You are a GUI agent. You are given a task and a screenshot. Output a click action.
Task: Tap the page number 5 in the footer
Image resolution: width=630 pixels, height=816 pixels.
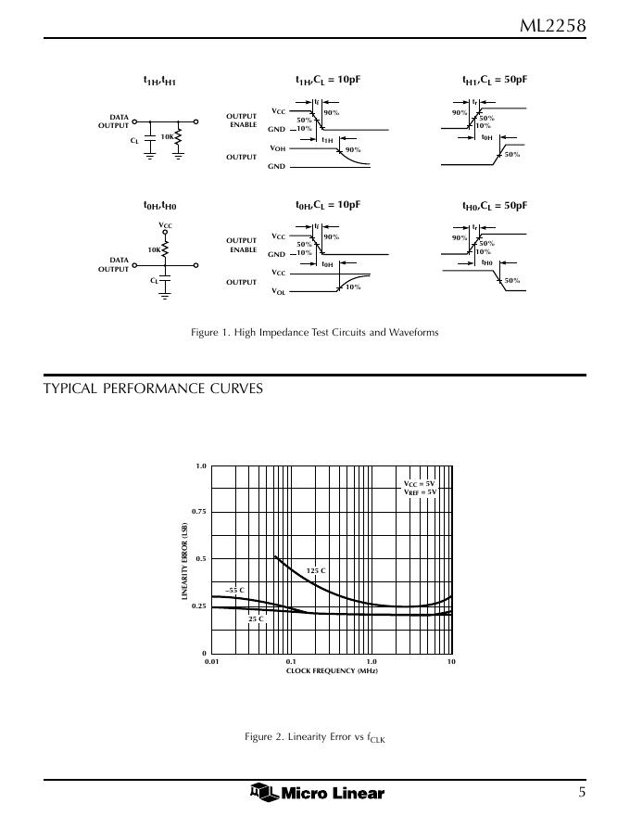pyautogui.click(x=582, y=792)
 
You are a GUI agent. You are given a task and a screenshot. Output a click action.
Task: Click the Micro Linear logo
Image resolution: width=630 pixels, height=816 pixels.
pyautogui.click(x=317, y=792)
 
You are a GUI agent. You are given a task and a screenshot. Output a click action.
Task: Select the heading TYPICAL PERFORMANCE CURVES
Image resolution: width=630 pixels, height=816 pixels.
pyautogui.click(x=153, y=389)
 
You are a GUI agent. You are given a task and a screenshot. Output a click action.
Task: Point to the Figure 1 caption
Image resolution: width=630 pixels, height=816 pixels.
pyautogui.click(x=314, y=332)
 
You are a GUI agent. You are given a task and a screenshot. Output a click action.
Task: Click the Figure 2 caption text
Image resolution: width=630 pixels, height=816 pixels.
pyautogui.click(x=314, y=737)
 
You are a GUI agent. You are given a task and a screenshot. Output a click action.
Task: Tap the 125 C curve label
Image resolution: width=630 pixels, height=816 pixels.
pyautogui.click(x=316, y=570)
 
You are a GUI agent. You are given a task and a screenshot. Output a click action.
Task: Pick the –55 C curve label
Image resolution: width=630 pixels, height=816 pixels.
pyautogui.click(x=235, y=589)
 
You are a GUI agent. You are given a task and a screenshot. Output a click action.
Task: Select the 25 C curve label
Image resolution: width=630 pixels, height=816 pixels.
pyautogui.click(x=256, y=618)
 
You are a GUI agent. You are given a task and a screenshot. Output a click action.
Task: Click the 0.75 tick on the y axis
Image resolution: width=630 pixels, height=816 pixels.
pyautogui.click(x=198, y=512)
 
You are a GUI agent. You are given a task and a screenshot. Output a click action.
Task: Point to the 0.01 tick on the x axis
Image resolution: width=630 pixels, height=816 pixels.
pyautogui.click(x=212, y=661)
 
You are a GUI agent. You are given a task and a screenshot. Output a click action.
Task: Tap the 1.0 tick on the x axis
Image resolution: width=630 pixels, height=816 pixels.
pyautogui.click(x=372, y=661)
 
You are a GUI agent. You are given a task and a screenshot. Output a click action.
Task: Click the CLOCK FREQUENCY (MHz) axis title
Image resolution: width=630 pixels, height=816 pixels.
pyautogui.click(x=332, y=670)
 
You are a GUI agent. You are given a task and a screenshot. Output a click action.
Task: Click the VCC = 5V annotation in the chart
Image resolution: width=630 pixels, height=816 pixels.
pyautogui.click(x=419, y=484)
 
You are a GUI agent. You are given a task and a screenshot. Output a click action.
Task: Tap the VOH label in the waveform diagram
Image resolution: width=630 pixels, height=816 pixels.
pyautogui.click(x=277, y=148)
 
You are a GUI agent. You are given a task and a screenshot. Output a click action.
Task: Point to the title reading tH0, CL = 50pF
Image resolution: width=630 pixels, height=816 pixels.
pyautogui.click(x=494, y=205)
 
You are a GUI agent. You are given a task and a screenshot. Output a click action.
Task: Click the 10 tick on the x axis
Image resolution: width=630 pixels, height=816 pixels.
pyautogui.click(x=451, y=661)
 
